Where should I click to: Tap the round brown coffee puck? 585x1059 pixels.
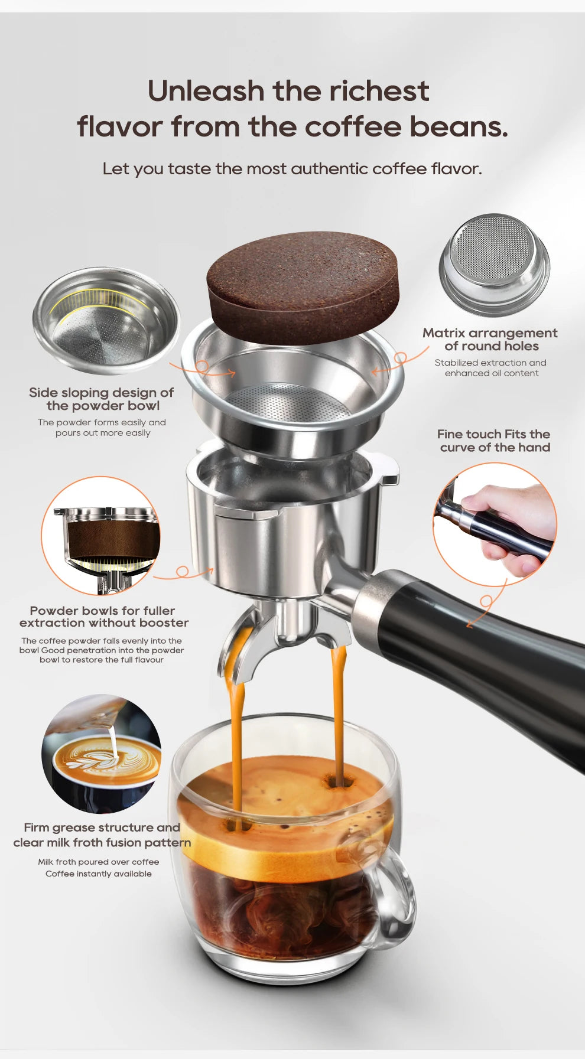[303, 286]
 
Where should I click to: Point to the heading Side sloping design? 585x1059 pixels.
[101, 393]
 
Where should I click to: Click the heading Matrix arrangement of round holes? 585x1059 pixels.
[490, 340]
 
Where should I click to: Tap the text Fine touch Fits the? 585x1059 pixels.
[493, 434]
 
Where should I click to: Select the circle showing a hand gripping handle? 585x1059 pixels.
[495, 524]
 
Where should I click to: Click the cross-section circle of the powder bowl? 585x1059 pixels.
[101, 535]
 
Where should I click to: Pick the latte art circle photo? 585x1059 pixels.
[102, 753]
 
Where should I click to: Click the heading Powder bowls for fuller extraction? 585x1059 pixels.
[103, 617]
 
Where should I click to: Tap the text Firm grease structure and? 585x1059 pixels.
[102, 827]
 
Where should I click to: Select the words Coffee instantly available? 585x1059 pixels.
[99, 874]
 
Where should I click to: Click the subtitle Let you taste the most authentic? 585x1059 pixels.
[292, 169]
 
